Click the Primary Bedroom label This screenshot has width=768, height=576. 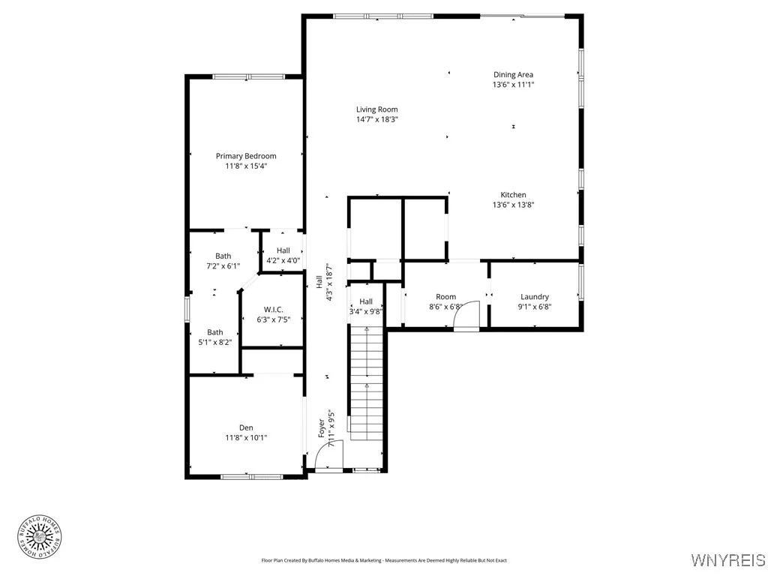click(x=246, y=156)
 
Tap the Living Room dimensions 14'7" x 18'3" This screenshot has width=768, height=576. click(x=376, y=119)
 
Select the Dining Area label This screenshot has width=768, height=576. click(x=513, y=74)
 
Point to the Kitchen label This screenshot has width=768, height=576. click(x=513, y=195)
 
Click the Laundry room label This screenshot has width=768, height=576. click(x=534, y=297)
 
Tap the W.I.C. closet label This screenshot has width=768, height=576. click(x=271, y=310)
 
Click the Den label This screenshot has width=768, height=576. click(x=246, y=427)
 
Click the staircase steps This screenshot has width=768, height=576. click(x=367, y=382)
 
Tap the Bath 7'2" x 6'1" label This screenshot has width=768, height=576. click(x=223, y=256)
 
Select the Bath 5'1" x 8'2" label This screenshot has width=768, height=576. click(x=215, y=332)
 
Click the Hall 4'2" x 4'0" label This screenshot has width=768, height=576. click(x=283, y=250)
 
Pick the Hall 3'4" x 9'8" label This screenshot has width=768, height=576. click(x=366, y=301)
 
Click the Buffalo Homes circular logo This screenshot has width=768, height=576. click(x=39, y=535)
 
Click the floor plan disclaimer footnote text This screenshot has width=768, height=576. click(x=384, y=560)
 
